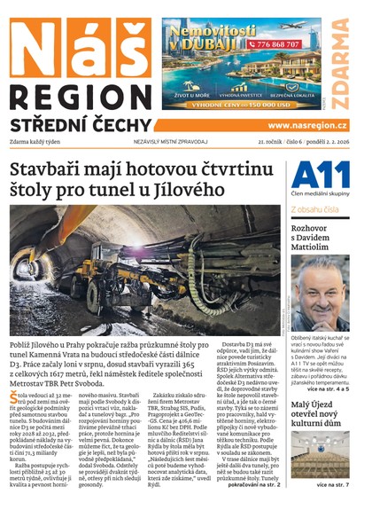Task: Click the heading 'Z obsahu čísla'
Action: [x=314, y=209]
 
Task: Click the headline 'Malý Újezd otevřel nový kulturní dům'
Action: [x=316, y=410]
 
